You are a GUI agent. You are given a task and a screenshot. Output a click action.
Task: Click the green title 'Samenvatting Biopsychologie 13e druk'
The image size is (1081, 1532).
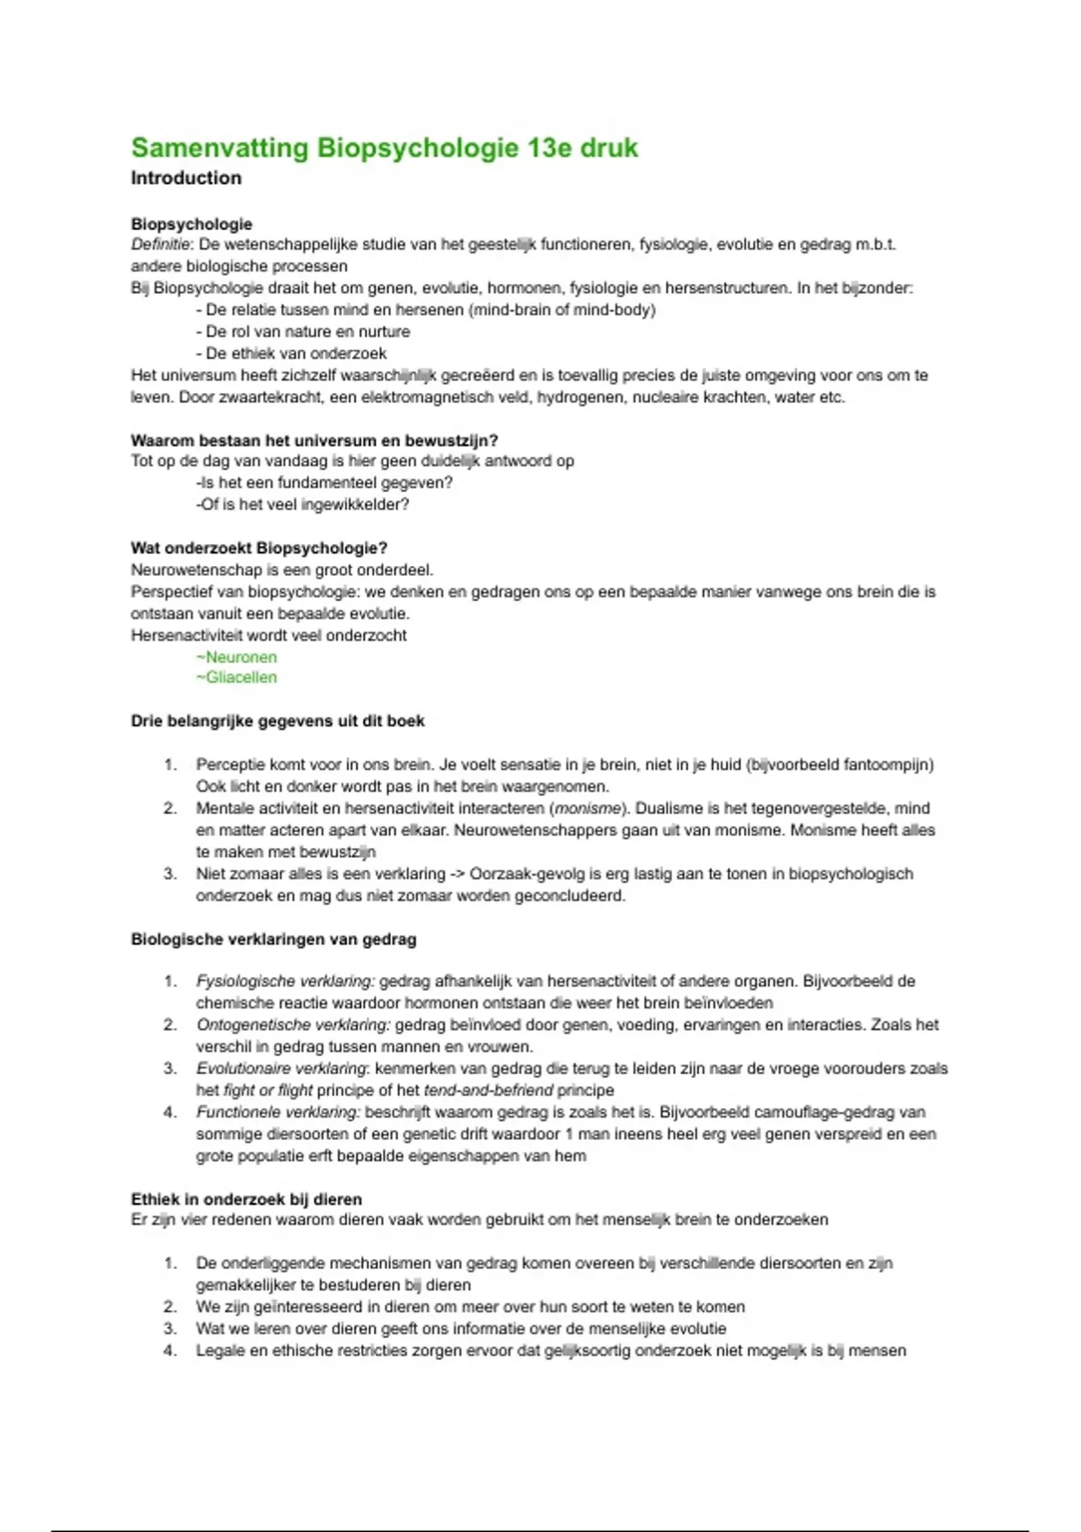coord(385,148)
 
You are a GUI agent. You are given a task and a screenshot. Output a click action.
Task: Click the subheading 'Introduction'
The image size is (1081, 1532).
coord(186,178)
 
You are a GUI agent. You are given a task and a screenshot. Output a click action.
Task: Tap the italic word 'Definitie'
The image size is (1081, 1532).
coord(159,244)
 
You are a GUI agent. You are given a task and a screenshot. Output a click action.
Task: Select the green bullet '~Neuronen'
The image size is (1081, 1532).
coord(236,657)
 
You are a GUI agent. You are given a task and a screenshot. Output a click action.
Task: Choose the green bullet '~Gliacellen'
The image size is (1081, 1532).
coord(236,678)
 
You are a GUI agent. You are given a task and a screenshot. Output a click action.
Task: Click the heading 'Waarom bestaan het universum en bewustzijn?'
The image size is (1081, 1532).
coord(314,441)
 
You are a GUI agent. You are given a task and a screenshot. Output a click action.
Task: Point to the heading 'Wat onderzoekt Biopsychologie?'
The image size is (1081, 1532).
coord(259,548)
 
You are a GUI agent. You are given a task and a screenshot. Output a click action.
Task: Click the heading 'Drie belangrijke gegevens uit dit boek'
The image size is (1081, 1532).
coord(277,721)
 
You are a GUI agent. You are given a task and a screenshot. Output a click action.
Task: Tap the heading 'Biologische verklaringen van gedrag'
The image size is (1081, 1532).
coord(274,939)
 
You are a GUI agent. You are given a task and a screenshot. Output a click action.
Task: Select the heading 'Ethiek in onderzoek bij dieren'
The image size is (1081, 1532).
coord(247,1199)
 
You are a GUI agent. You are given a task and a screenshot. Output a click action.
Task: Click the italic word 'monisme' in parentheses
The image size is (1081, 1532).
coord(588,808)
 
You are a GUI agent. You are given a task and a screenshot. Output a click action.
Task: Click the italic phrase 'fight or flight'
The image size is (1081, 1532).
coord(268,1090)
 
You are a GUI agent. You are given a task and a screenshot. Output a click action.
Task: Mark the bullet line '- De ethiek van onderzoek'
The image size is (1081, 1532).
coord(291,353)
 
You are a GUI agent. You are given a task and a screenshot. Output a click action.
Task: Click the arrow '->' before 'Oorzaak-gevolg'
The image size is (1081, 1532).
coord(457,874)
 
